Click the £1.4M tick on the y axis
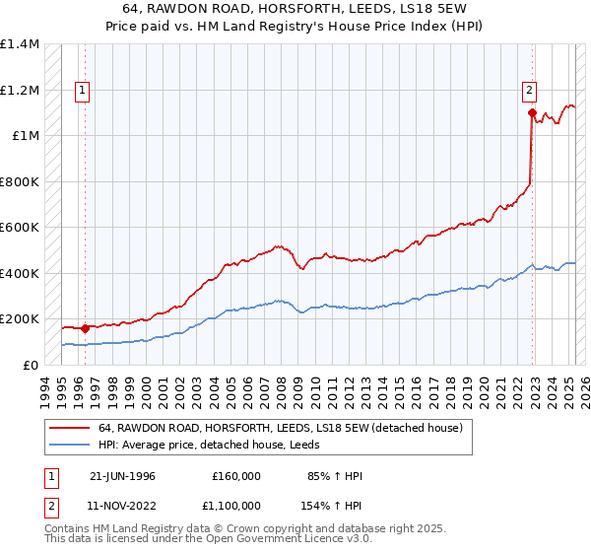pyautogui.click(x=20, y=44)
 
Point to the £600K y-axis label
pyautogui.click(x=20, y=228)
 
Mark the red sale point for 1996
pyautogui.click(x=86, y=328)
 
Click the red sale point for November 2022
pyautogui.click(x=532, y=113)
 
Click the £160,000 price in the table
pyautogui.click(x=236, y=476)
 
